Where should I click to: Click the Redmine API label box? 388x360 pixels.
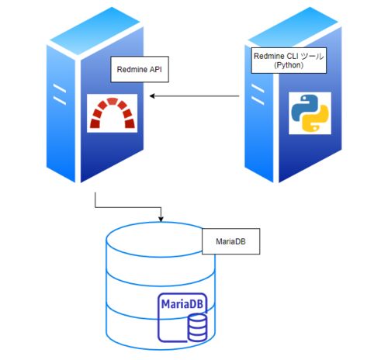(x=140, y=69)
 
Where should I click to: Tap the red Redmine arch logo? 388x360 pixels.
(x=113, y=113)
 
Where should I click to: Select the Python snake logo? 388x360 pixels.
(x=310, y=113)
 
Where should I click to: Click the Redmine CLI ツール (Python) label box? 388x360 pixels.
(x=289, y=61)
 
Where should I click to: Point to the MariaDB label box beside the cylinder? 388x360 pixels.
(x=230, y=241)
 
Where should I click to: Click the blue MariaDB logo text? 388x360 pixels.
(x=182, y=303)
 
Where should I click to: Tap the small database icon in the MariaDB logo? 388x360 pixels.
(x=197, y=327)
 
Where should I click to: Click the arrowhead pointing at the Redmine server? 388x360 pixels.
(x=152, y=96)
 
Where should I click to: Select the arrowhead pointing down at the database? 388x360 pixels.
(x=161, y=219)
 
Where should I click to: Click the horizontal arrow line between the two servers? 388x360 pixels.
(x=194, y=96)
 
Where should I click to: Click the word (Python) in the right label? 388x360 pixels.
(x=289, y=65)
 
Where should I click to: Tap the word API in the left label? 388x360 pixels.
(x=155, y=69)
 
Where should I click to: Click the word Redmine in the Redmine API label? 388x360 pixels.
(x=132, y=69)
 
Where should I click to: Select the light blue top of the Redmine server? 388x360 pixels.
(x=95, y=31)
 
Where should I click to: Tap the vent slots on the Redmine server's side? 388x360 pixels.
(x=60, y=94)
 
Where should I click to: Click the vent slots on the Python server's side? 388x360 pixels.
(x=258, y=94)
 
